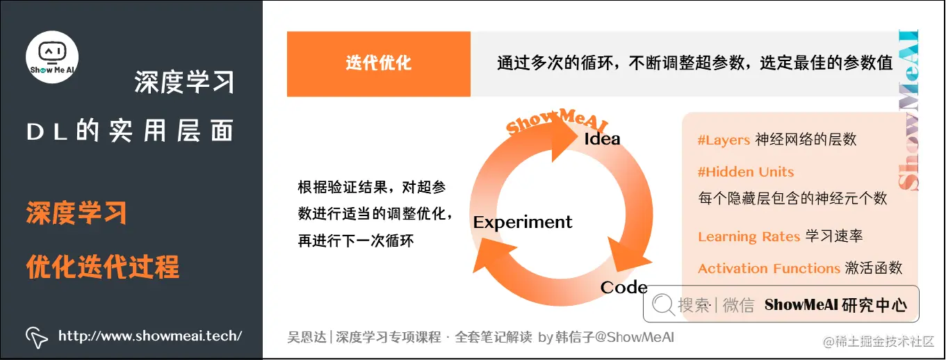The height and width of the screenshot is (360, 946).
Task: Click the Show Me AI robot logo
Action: [x=52, y=56]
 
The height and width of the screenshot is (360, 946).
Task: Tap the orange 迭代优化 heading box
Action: [x=379, y=63]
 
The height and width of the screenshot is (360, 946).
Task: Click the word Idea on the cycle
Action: [x=602, y=138]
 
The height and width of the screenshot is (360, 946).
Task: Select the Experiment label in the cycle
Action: [x=523, y=222]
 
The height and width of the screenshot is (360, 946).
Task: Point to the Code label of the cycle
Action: [x=623, y=287]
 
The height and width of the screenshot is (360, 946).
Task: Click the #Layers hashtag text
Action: [x=724, y=140]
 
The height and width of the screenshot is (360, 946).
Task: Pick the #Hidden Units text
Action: [x=746, y=172]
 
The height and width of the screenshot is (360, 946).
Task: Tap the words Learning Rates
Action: [x=749, y=237]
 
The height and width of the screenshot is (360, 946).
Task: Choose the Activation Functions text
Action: [x=769, y=269]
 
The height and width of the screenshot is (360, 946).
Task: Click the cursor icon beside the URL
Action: [x=37, y=337]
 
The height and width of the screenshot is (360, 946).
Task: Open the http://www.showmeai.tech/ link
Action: [x=150, y=336]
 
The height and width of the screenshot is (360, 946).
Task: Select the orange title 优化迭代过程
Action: [x=103, y=267]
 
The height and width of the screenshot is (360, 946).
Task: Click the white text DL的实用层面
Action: [x=130, y=132]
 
